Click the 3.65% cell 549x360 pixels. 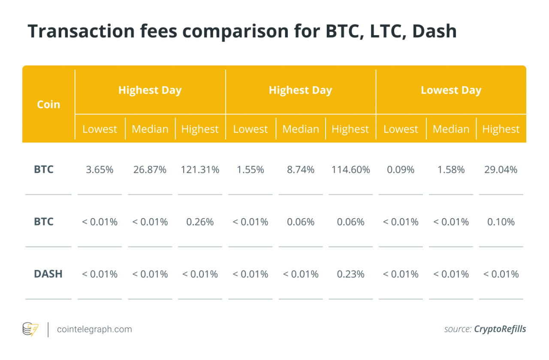[x=100, y=170]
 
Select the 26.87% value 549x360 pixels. [x=150, y=170]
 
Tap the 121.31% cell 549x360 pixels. [x=200, y=170]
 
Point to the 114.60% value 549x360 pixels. [x=350, y=170]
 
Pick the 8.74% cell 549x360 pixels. [x=300, y=170]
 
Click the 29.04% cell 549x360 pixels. [x=501, y=170]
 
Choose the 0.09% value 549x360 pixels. [x=401, y=170]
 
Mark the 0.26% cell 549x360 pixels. [x=200, y=222]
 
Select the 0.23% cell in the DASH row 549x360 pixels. [x=350, y=274]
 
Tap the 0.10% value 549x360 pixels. [x=501, y=222]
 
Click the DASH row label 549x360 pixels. [x=48, y=274]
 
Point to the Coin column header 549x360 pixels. [x=48, y=105]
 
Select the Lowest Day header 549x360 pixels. [x=451, y=90]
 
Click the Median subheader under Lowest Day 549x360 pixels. [x=451, y=129]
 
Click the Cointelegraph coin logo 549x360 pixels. [x=30, y=329]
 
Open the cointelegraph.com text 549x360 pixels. [x=94, y=329]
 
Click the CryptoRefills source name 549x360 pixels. [x=500, y=329]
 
